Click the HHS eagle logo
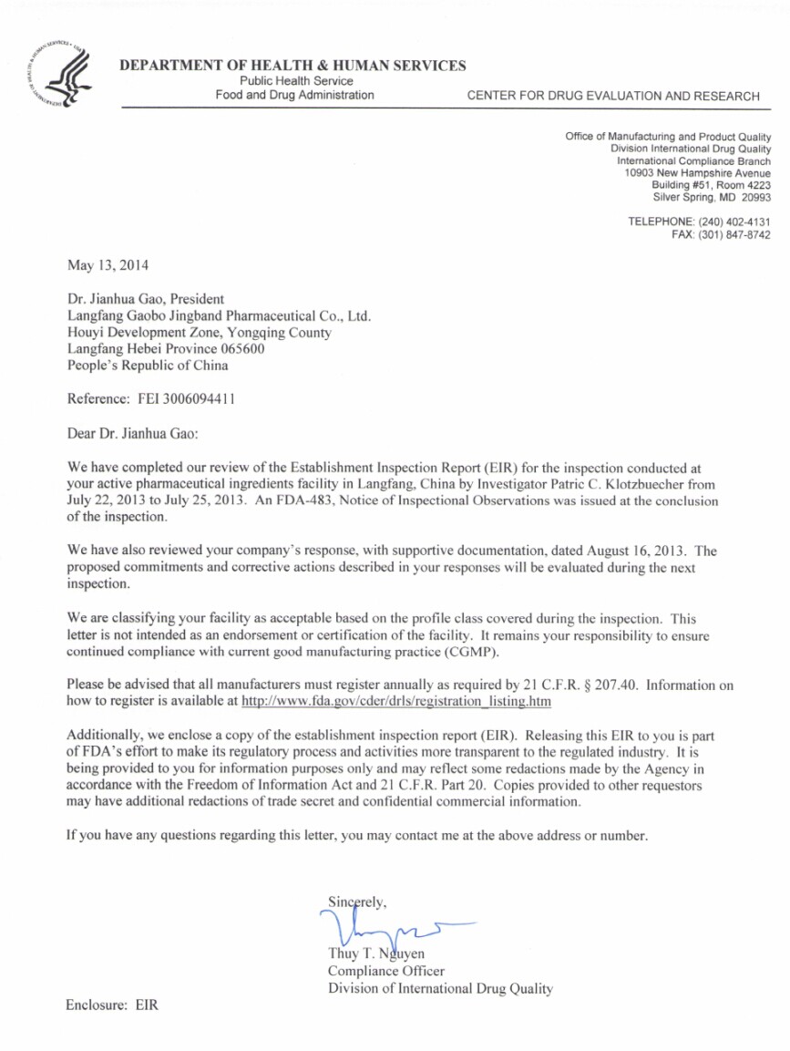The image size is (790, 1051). pyautogui.click(x=57, y=71)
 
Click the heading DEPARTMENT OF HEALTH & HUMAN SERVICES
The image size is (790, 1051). pyautogui.click(x=292, y=66)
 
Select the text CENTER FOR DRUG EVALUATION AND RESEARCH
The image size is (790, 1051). pyautogui.click(x=612, y=96)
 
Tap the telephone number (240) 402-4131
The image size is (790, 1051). pyautogui.click(x=734, y=222)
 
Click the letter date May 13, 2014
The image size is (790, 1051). pyautogui.click(x=108, y=266)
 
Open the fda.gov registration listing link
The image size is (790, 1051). pyautogui.click(x=396, y=702)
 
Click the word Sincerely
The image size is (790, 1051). pyautogui.click(x=357, y=902)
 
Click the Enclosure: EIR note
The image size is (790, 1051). pyautogui.click(x=112, y=1005)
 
